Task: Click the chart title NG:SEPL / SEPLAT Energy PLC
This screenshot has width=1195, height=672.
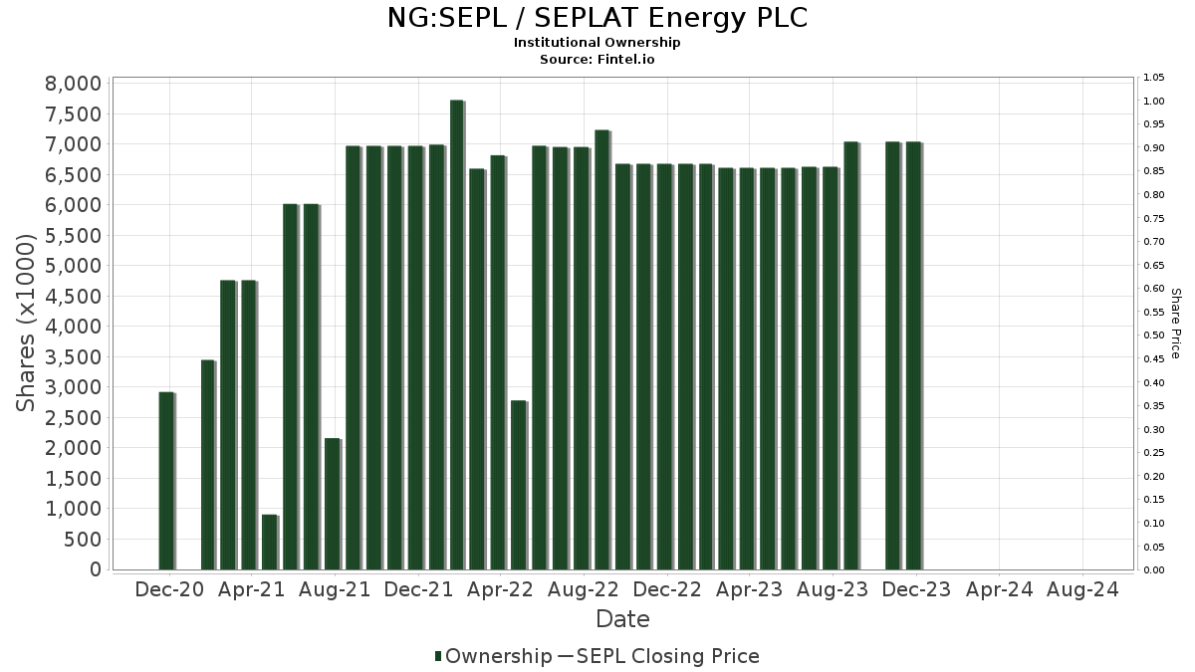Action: click(x=597, y=19)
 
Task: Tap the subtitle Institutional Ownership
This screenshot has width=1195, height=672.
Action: click(x=597, y=43)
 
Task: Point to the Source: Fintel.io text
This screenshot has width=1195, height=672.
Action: click(x=597, y=59)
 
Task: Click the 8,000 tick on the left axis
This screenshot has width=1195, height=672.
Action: click(x=74, y=84)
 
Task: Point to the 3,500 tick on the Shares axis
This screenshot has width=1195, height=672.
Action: click(x=74, y=356)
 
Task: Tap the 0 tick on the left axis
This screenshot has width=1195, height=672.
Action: click(x=96, y=569)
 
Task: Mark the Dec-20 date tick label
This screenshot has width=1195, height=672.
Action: click(x=169, y=589)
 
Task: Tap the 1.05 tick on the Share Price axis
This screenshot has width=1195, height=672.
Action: click(x=1154, y=78)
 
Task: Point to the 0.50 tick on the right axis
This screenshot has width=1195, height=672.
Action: click(x=1154, y=336)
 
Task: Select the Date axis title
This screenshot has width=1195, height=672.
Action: click(x=622, y=619)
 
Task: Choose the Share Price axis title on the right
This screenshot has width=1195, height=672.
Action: click(x=1175, y=324)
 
